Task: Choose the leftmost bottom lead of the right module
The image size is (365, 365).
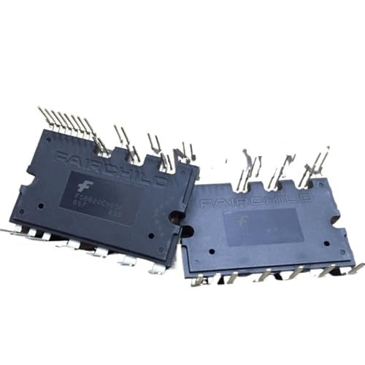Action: pos(199,282)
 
